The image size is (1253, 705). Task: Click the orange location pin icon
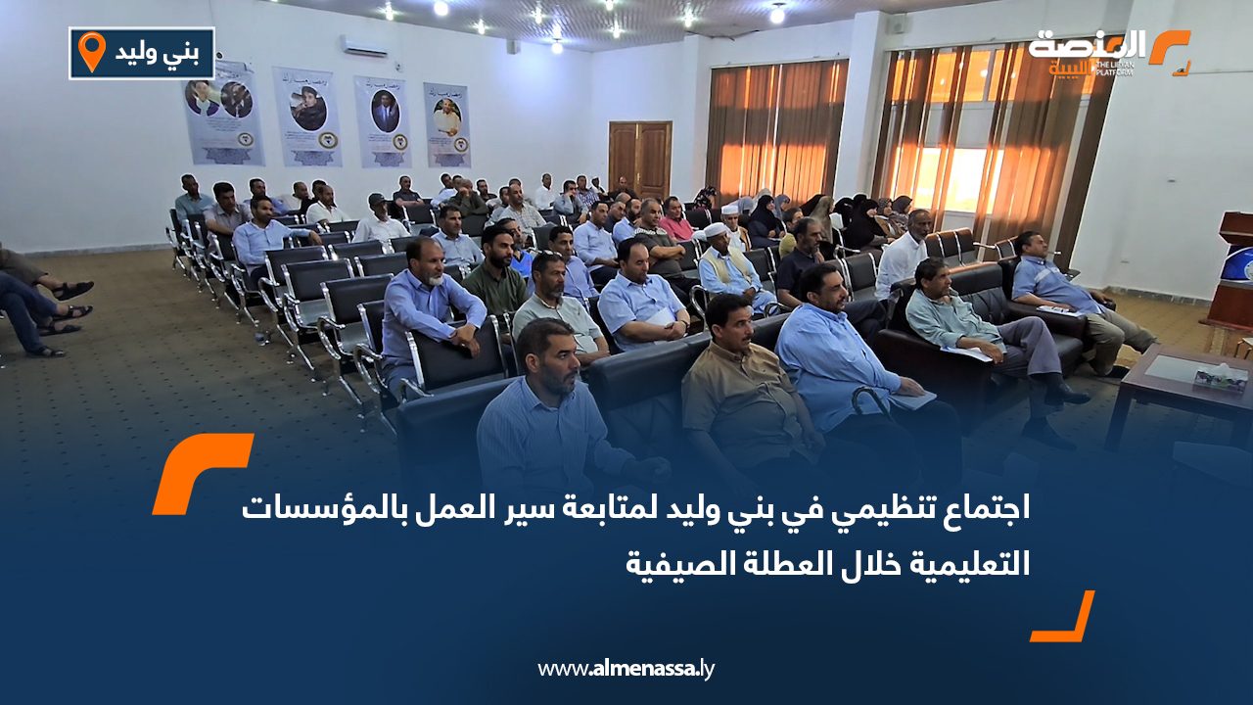tap(91, 51)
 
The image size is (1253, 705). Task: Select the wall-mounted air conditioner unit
tap(363, 46)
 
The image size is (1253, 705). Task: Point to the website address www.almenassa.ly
tap(626, 669)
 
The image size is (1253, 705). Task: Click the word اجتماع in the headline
tap(981, 509)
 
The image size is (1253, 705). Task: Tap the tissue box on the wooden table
tap(1220, 377)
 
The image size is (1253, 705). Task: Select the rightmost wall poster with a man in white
tap(446, 124)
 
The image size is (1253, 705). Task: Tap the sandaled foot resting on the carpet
tap(70, 291)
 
